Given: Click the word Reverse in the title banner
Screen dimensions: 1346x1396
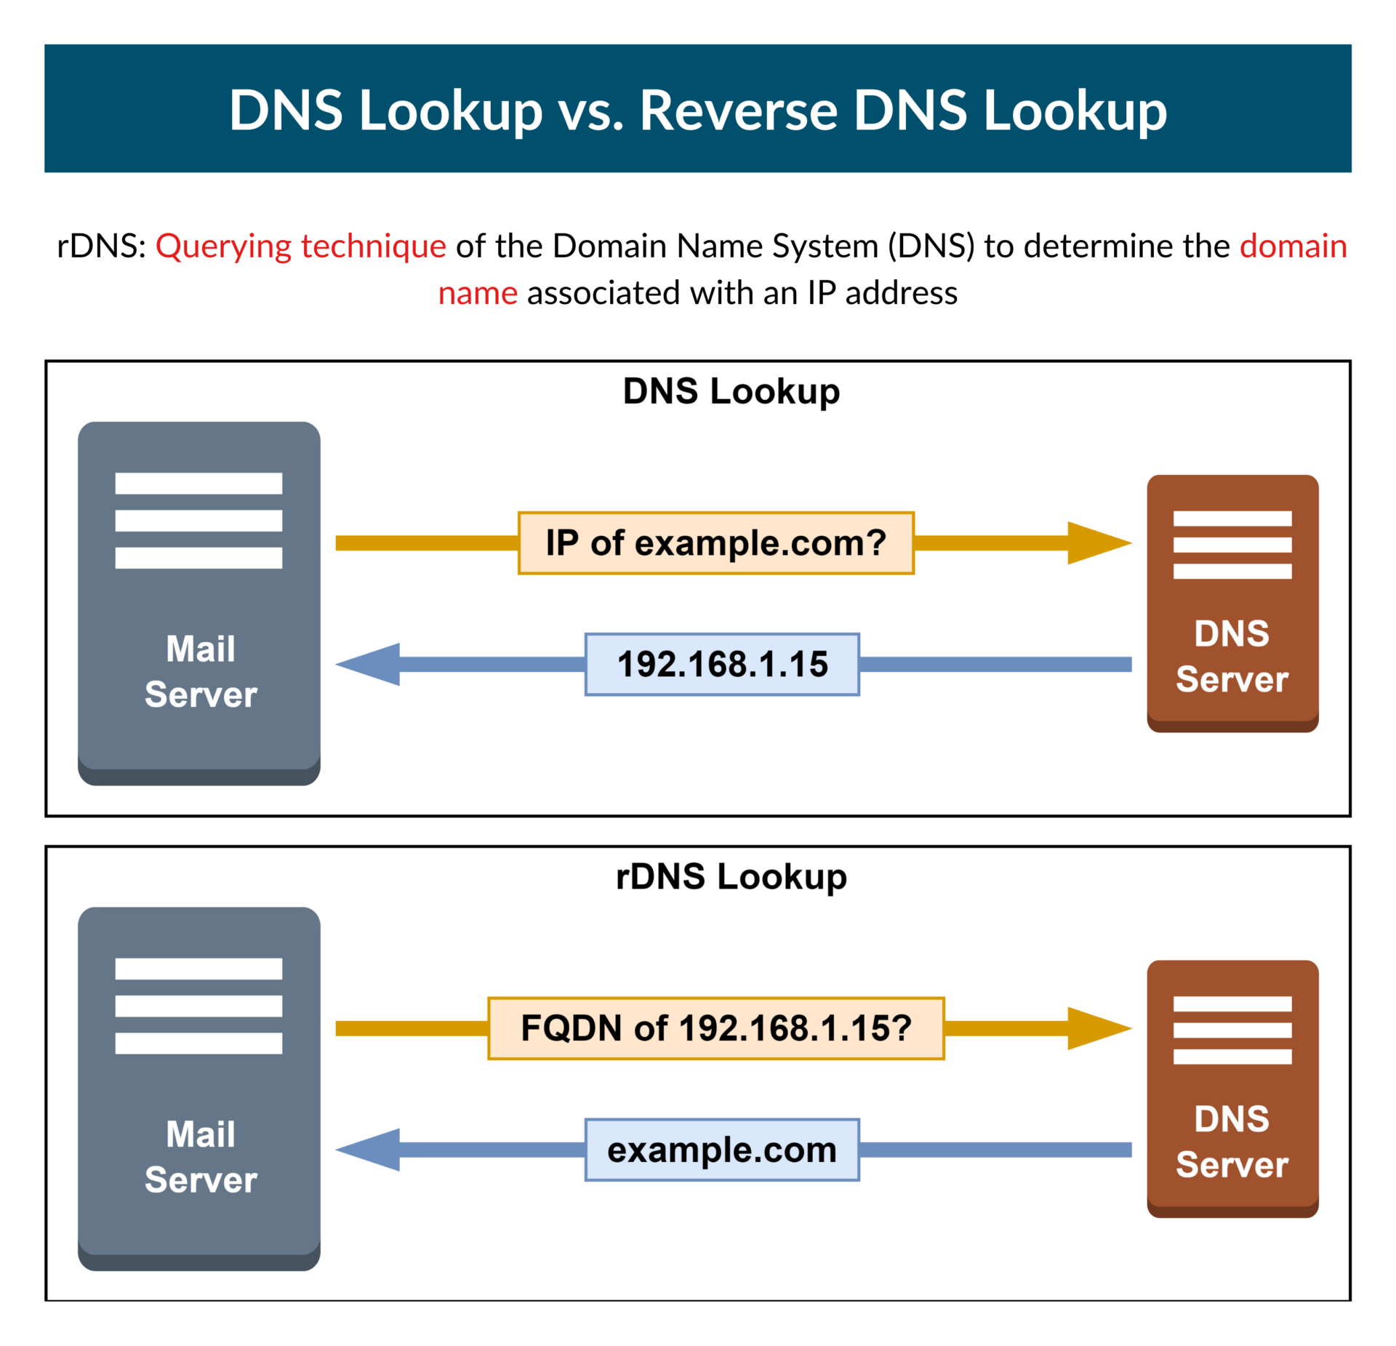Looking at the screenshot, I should pos(738,111).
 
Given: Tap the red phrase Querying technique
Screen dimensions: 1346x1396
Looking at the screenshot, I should pos(300,246).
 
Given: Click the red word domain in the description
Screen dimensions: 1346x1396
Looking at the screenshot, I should pos(1293,246).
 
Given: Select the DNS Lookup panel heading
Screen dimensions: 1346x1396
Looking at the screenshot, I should pos(731,391).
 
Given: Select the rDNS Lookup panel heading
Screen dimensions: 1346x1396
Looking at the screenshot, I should pos(731,876).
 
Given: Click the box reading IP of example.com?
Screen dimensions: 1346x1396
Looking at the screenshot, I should pos(715,543).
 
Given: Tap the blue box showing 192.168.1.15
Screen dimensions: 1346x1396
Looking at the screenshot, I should pos(722,664).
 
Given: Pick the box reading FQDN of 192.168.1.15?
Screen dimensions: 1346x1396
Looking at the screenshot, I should pos(715,1028).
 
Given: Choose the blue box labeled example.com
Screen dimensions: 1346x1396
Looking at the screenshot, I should pos(722,1150).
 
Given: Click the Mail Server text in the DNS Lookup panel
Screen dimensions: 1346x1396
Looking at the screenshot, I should pos(201,671).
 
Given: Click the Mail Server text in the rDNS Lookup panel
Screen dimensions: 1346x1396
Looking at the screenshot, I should pos(201,1156).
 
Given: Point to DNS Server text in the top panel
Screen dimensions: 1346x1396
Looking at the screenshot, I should pos(1232,656).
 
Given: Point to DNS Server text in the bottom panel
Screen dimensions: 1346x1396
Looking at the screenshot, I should pos(1232,1141).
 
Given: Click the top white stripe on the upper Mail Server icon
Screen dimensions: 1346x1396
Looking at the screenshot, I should pos(198,483).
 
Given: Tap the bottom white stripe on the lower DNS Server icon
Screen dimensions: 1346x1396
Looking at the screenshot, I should pos(1232,1057).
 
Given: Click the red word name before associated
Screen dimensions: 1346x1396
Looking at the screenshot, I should pos(478,293).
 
